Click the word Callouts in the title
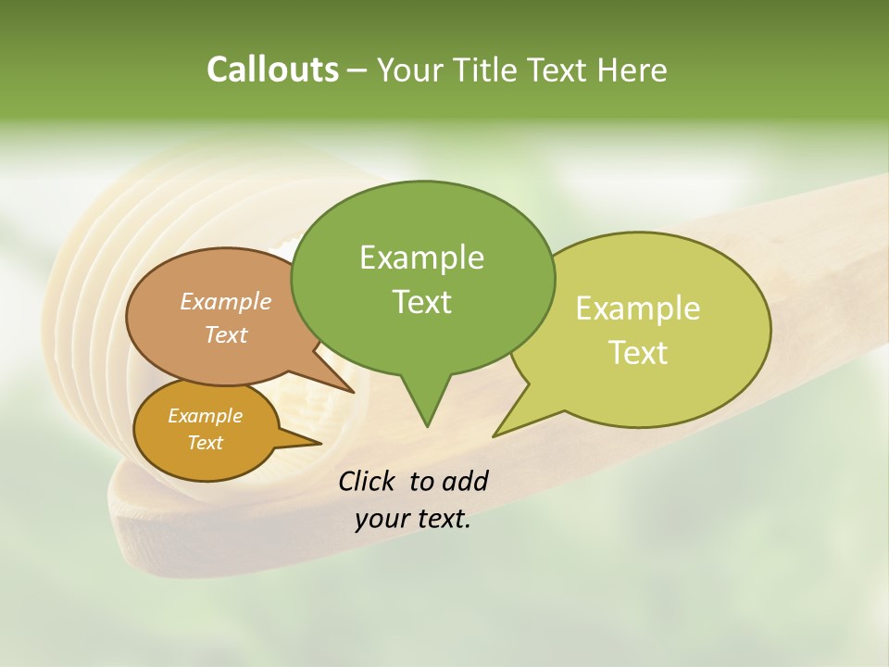(x=272, y=69)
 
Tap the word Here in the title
(x=632, y=69)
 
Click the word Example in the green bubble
(x=421, y=258)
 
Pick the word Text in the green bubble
(x=421, y=302)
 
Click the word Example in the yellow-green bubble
(x=638, y=308)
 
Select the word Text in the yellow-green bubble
(x=638, y=353)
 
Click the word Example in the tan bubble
(x=226, y=302)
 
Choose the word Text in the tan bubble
(x=226, y=334)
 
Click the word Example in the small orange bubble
(x=205, y=416)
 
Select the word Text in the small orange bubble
(x=205, y=443)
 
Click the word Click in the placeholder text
(x=368, y=481)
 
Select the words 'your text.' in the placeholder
(x=413, y=519)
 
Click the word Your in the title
(x=410, y=69)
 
